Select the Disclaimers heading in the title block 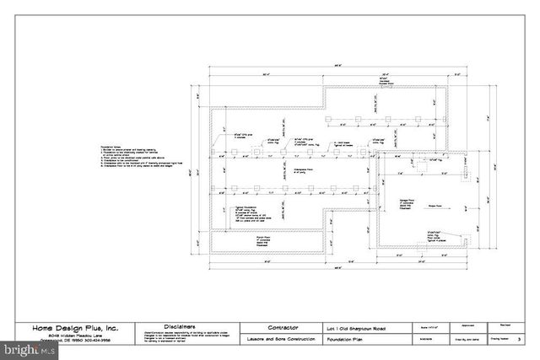181,325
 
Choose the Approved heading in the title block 467,322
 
